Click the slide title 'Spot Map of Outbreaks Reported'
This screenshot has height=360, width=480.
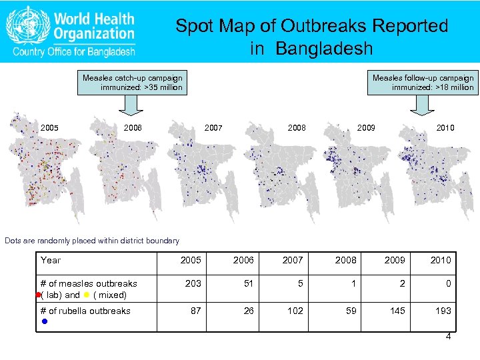tap(311, 27)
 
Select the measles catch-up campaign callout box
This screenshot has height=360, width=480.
tap(132, 83)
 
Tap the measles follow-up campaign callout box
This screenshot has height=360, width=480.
tap(423, 83)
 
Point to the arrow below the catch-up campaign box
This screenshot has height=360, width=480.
tap(132, 106)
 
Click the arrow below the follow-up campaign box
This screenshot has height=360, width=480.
tap(422, 106)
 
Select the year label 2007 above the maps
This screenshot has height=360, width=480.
tap(213, 127)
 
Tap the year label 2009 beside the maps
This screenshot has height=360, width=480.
tap(366, 127)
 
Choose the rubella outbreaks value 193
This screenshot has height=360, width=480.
tap(443, 311)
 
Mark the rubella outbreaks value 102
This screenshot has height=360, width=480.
tap(295, 311)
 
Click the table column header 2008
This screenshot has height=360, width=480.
tap(347, 260)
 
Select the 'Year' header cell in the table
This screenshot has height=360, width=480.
tap(51, 260)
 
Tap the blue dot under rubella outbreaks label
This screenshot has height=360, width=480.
tap(44, 321)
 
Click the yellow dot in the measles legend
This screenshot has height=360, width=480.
tap(87, 295)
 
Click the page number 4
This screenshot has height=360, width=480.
tap(448, 337)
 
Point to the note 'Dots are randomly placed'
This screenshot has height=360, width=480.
tap(92, 241)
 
